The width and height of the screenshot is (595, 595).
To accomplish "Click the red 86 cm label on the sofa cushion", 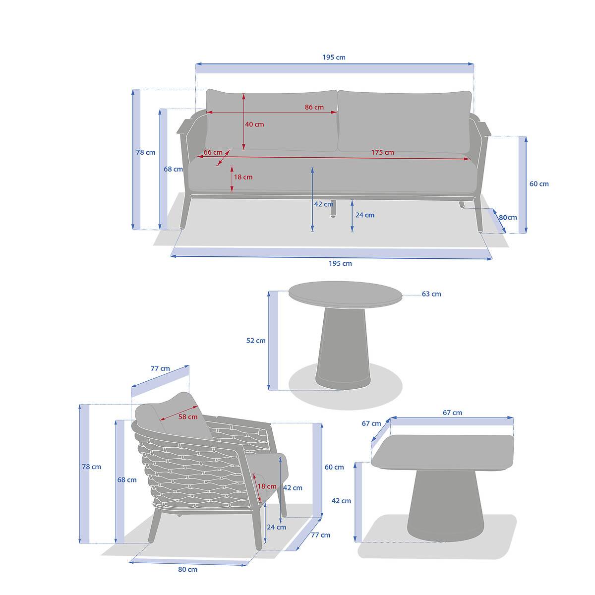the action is [314, 107].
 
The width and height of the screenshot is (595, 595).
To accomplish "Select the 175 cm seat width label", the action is [382, 152].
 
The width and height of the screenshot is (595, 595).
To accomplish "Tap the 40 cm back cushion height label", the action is [254, 124].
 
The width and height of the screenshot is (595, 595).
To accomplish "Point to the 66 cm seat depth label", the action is [213, 152].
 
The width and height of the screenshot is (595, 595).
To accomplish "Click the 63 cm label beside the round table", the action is [431, 294].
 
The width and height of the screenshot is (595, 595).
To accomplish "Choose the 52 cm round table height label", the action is [256, 341].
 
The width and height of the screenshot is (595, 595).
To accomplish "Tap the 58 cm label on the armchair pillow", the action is [188, 416].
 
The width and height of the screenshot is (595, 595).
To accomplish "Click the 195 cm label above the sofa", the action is [334, 57].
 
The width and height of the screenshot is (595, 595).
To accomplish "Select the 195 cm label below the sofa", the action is [340, 263].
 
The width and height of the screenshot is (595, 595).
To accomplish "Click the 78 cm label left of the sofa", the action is [145, 152].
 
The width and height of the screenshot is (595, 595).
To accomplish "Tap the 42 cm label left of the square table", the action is [341, 501].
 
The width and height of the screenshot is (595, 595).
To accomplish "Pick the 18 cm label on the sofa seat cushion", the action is [243, 177].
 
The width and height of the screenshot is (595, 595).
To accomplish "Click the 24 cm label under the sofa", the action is [364, 215].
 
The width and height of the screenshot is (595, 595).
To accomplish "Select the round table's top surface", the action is [345, 294].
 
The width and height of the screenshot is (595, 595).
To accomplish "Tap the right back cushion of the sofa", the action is [405, 121].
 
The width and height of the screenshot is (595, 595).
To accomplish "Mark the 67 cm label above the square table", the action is [452, 413].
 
